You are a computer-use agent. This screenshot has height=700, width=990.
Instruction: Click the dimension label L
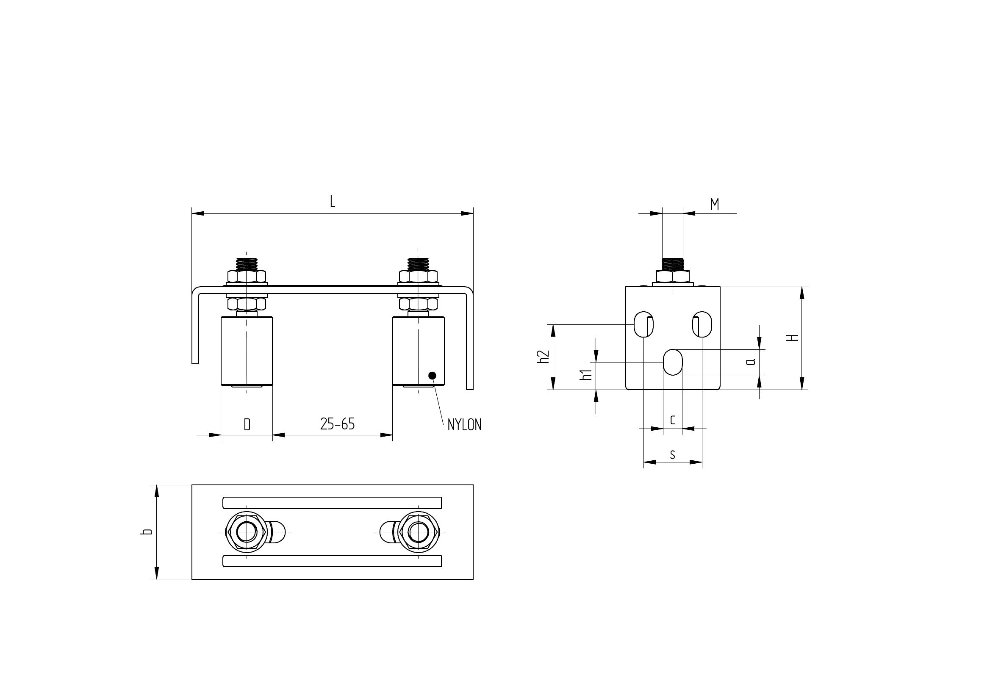pos(333,202)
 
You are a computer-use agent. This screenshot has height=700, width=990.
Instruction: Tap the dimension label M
pos(715,204)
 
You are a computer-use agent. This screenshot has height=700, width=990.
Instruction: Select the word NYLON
pos(464,425)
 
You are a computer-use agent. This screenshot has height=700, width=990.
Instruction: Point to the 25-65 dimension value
pos(337,424)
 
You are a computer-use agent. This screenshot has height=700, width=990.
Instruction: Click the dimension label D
pos(247,425)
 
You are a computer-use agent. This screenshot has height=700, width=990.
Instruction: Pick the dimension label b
pos(147,531)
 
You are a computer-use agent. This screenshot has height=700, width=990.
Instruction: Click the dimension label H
pos(793,338)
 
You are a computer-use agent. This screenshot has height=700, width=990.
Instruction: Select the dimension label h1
pos(585,375)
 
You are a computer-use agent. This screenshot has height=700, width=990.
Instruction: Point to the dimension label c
pos(673,419)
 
